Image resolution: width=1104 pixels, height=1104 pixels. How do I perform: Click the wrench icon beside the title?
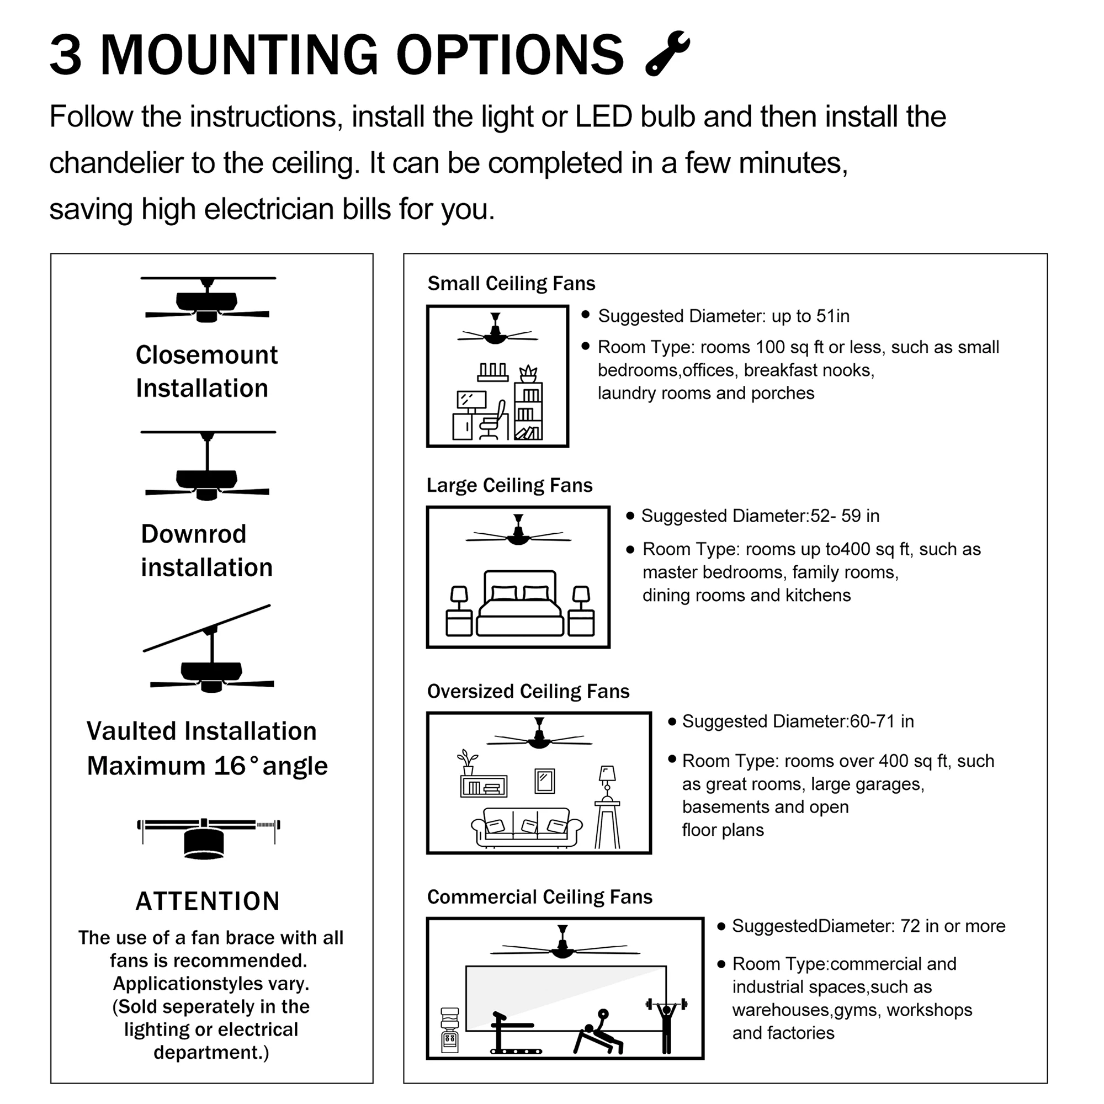[667, 53]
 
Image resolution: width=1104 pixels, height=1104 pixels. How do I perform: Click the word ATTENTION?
[208, 901]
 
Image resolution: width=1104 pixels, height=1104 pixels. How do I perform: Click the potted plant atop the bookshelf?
[528, 373]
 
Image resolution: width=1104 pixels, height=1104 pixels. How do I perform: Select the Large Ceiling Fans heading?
[509, 485]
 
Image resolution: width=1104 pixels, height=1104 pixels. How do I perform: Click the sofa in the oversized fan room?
[526, 827]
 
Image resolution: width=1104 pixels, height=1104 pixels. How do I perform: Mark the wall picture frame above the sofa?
[545, 781]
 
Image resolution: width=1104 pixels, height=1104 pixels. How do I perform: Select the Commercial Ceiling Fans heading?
[539, 897]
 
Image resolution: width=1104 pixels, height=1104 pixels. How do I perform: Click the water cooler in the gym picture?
[450, 1029]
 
